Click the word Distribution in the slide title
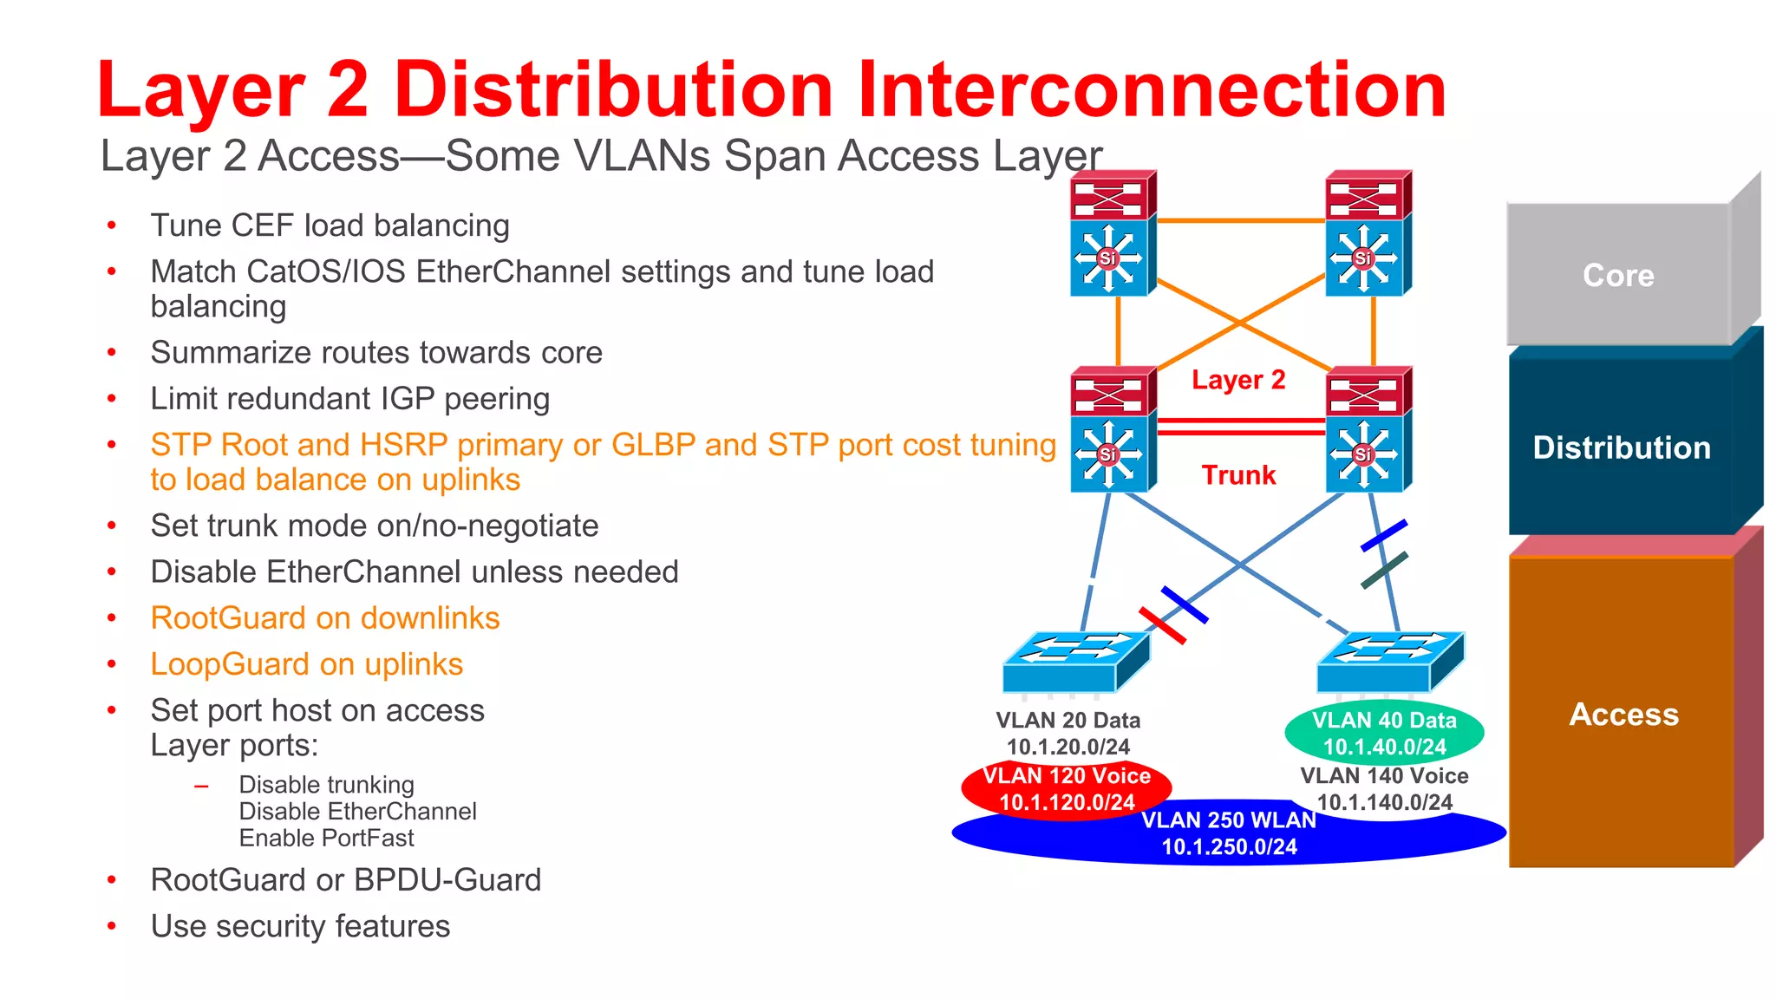pos(614,90)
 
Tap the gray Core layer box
pos(1618,275)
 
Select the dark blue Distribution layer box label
pos(1622,447)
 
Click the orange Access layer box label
pos(1623,715)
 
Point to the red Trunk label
pos(1238,475)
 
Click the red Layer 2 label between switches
pos(1238,380)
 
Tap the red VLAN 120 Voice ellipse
pos(1067,787)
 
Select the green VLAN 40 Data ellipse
pos(1384,733)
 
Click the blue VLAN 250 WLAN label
pos(1229,820)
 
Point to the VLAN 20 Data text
pos(1068,721)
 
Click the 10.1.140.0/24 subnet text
pos(1385,803)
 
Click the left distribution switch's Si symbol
pos(1107,454)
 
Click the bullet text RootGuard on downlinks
pos(325,618)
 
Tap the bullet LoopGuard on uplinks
pos(307,664)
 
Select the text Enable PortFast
pos(326,839)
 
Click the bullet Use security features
pos(300,926)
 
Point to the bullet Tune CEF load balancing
pos(330,225)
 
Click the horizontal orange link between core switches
pos(1240,221)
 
